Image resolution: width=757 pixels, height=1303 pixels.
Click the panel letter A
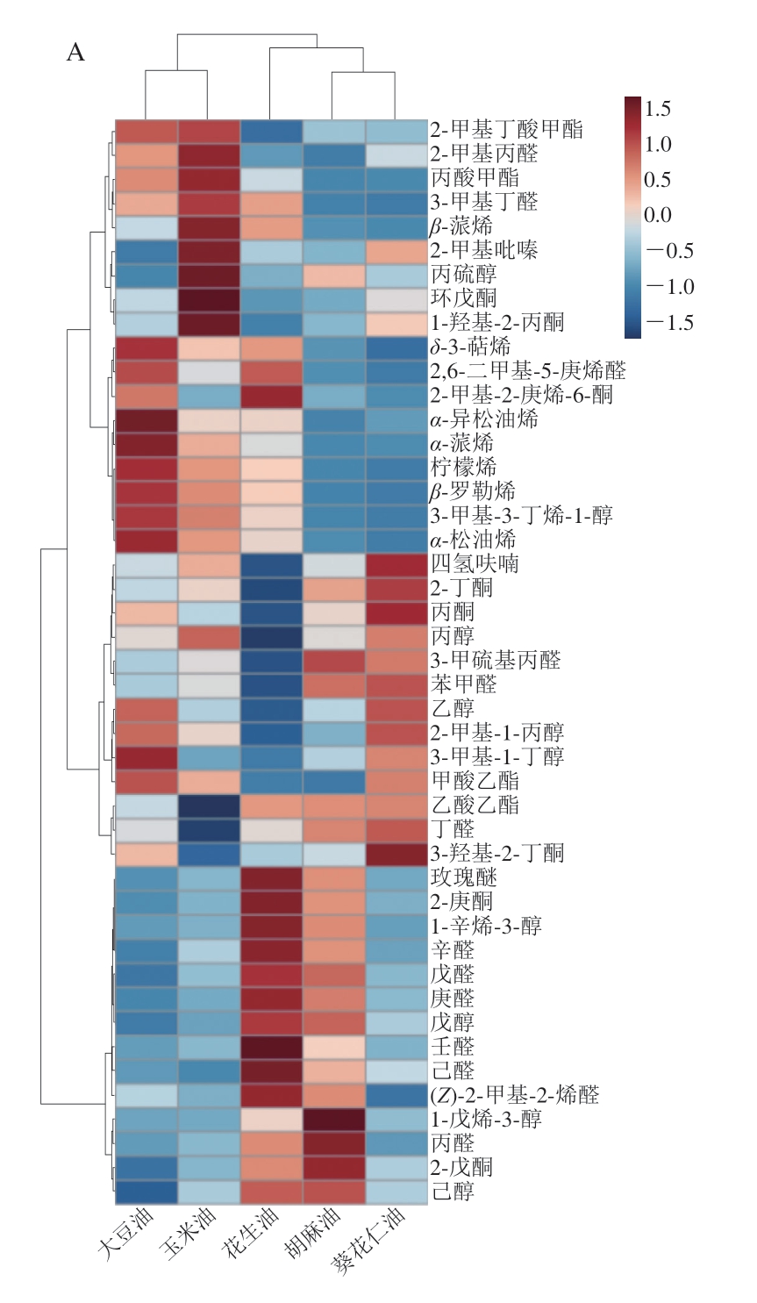tap(76, 54)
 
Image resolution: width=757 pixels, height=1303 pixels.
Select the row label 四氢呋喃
tap(475, 563)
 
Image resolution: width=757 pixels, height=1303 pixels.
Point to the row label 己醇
tap(453, 1192)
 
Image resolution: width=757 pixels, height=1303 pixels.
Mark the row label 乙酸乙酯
tap(475, 805)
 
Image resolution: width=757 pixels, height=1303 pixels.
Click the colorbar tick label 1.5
tap(657, 109)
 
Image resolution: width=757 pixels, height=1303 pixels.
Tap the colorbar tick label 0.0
tap(657, 216)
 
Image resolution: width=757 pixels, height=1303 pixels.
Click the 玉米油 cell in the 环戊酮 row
tap(209, 298)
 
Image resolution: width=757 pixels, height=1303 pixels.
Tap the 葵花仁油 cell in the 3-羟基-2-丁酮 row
tap(396, 853)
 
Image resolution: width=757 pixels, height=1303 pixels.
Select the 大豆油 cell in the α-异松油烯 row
tap(146, 419)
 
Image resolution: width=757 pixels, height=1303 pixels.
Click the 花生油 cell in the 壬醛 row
tap(271, 1047)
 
